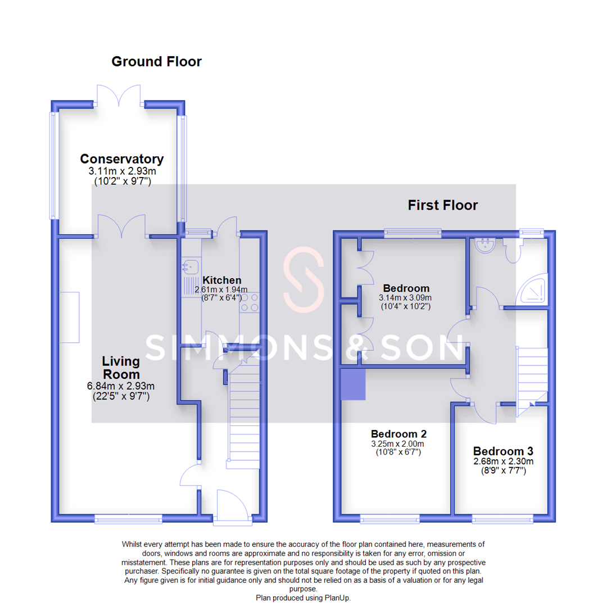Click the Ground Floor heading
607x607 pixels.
[156, 61]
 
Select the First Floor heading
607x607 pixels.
[443, 205]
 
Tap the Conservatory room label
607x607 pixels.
[122, 159]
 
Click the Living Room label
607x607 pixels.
[121, 366]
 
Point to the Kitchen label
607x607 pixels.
[221, 280]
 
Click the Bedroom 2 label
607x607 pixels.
[398, 434]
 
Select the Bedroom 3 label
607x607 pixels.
[503, 451]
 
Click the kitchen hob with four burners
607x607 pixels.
[250, 302]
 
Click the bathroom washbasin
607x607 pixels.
[483, 245]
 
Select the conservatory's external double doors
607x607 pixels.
[119, 96]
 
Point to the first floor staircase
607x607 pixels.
[532, 377]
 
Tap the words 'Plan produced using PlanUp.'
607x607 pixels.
[303, 598]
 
